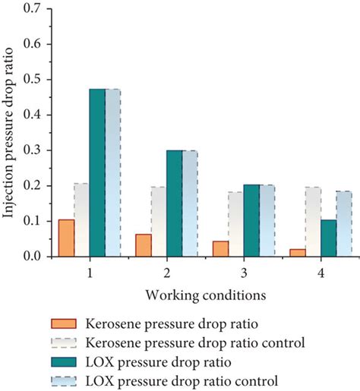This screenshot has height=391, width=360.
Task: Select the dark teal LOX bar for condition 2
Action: (x=174, y=203)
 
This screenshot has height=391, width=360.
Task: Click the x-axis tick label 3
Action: (x=243, y=269)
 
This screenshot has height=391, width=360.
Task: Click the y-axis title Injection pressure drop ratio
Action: (x=11, y=131)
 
